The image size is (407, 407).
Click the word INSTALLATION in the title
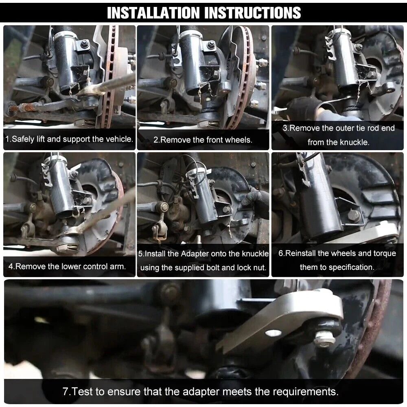153,13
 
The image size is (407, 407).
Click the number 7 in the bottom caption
66,392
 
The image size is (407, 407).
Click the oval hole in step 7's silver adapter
273,333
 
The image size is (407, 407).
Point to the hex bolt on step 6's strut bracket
354,215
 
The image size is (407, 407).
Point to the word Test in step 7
82,392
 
